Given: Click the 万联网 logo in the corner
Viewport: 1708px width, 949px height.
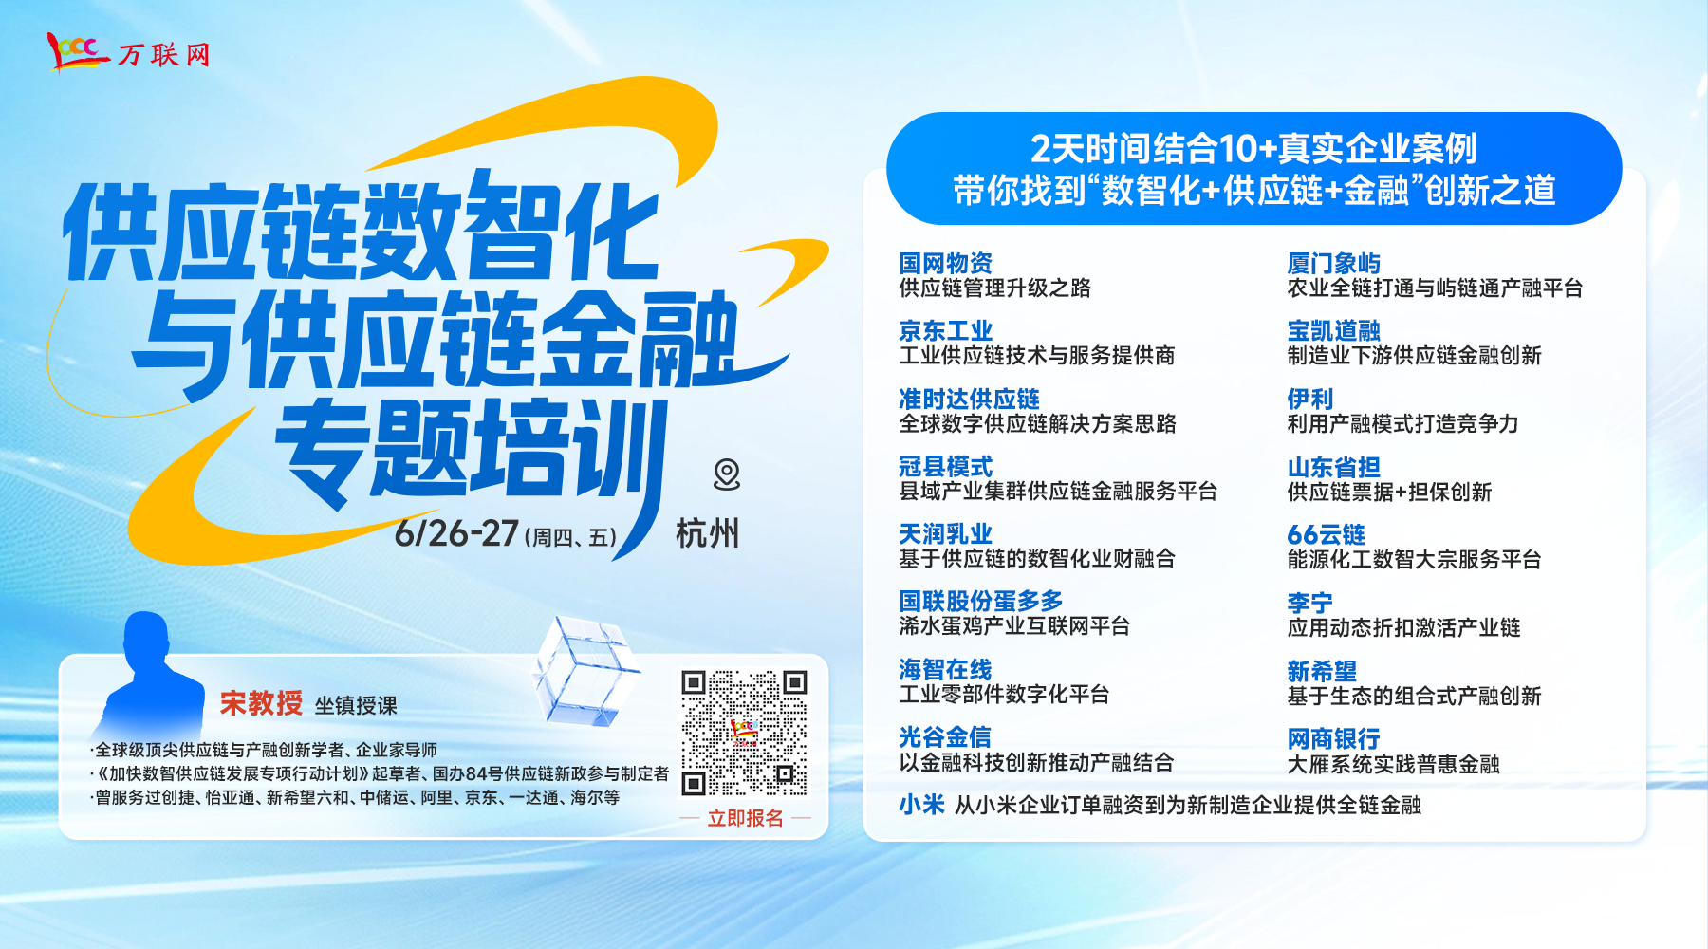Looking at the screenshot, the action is click(x=128, y=52).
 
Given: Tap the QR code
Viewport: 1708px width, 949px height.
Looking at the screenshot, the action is click(x=744, y=733).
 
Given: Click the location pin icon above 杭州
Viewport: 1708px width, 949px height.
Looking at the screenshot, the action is click(x=727, y=474).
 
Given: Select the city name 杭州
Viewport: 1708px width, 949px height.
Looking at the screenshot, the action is click(x=707, y=533).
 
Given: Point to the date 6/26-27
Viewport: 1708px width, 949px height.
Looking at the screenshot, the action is click(x=456, y=533).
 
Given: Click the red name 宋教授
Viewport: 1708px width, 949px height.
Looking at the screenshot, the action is click(x=261, y=703).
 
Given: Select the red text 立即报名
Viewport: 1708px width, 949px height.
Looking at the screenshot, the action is click(x=746, y=818).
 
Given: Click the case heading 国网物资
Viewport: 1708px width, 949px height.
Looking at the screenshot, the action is click(x=945, y=263).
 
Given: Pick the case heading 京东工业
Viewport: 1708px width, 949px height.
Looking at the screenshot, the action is click(x=945, y=330).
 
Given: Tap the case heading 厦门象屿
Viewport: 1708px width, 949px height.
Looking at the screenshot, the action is click(x=1333, y=263).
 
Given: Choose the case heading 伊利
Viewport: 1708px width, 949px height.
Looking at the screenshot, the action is click(x=1309, y=399).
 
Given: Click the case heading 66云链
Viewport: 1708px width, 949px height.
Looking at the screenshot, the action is click(x=1326, y=534).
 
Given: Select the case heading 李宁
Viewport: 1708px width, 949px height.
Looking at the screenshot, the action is click(x=1309, y=603).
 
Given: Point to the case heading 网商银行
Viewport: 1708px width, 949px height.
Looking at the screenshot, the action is click(x=1333, y=738).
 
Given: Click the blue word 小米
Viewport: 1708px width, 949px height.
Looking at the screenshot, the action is click(x=921, y=805).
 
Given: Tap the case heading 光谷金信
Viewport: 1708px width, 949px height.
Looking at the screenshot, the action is click(x=945, y=736).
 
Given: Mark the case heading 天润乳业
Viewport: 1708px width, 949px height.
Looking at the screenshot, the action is click(x=945, y=533).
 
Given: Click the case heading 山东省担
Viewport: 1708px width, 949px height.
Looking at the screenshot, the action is click(x=1333, y=467).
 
